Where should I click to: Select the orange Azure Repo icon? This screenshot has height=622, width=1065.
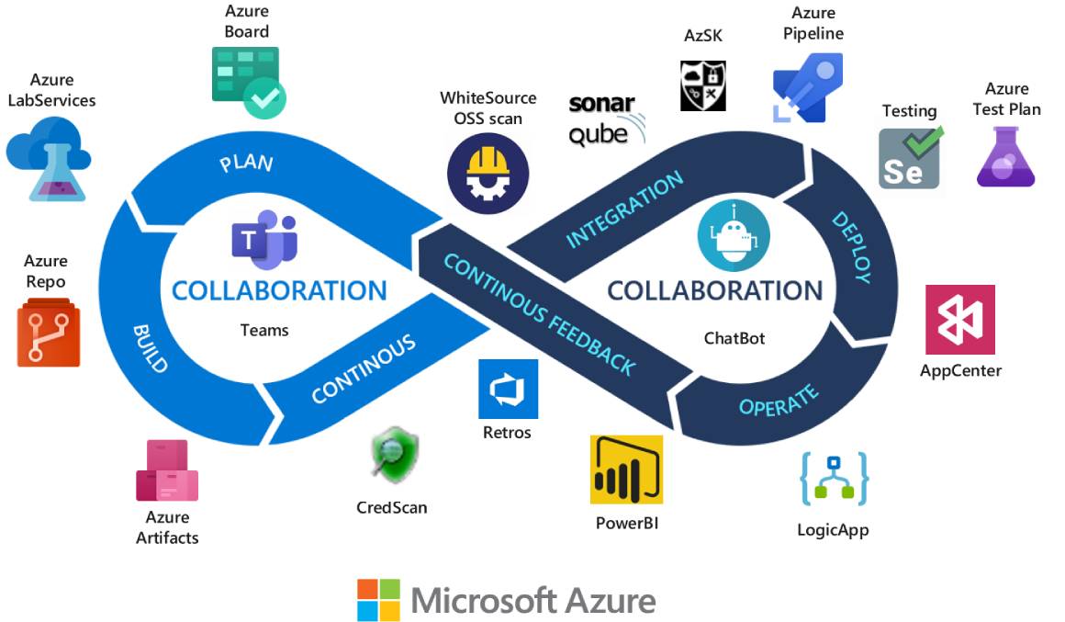(49, 335)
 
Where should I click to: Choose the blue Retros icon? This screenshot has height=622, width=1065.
(508, 389)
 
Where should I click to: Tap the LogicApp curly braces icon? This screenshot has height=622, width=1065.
(834, 479)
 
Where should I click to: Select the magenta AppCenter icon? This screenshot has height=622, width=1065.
(959, 320)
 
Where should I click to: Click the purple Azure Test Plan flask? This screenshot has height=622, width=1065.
(1006, 157)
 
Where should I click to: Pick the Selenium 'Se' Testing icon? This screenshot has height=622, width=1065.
(909, 158)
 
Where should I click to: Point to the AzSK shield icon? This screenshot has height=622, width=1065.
(703, 85)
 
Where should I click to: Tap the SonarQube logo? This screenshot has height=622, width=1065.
(606, 119)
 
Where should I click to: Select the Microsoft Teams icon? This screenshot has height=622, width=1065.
(264, 238)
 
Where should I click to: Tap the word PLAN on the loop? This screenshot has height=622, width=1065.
(246, 164)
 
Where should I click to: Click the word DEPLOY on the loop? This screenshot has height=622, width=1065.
(851, 246)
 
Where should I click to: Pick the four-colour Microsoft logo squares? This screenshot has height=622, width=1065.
(379, 600)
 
